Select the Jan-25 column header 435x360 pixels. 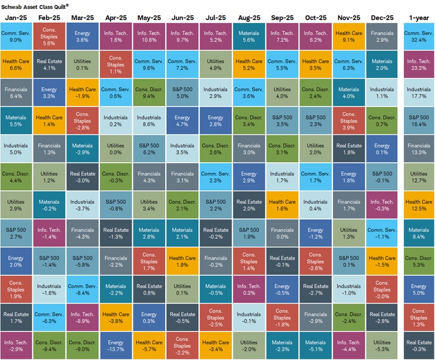(16, 18)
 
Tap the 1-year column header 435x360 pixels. (418, 18)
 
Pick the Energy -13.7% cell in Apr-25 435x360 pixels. (116, 346)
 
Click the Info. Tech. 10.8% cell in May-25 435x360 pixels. (149, 36)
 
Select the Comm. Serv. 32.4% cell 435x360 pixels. (418, 36)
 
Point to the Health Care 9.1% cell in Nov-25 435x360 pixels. (349, 36)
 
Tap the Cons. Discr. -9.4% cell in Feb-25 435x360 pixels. (49, 346)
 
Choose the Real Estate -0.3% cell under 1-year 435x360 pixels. (418, 346)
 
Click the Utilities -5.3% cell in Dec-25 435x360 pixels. (382, 346)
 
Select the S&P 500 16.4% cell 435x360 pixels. (418, 120)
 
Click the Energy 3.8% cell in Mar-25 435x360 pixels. (83, 36)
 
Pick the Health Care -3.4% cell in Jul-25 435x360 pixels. (215, 346)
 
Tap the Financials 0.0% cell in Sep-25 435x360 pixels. (282, 233)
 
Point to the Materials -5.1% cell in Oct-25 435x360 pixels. (315, 346)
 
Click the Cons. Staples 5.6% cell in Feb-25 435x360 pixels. (49, 36)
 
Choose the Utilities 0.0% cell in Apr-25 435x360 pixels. (116, 148)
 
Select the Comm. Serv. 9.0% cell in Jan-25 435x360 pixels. (16, 36)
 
